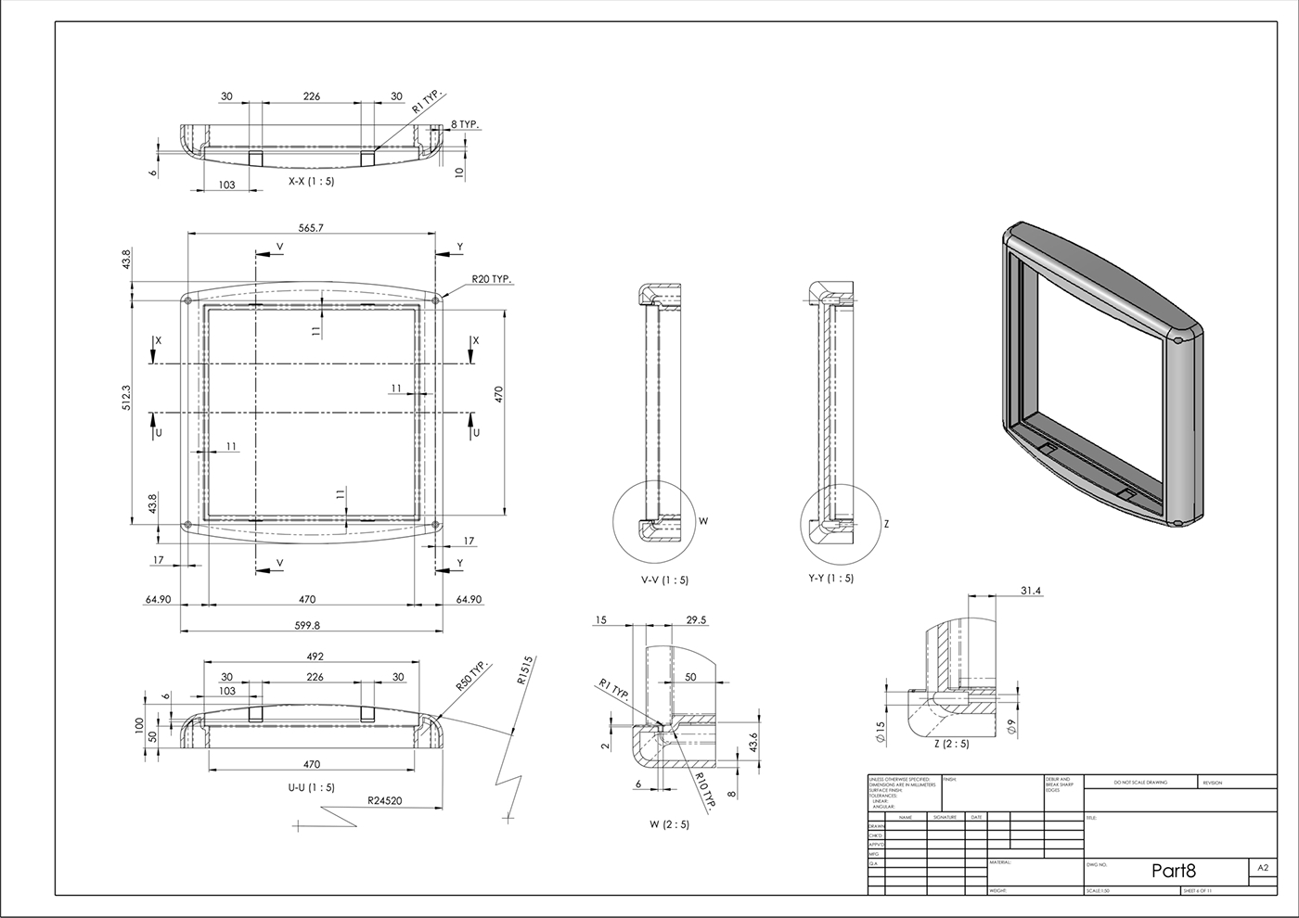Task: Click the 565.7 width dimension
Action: [x=311, y=227]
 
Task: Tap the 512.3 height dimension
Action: [x=127, y=397]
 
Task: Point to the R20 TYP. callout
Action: [x=492, y=278]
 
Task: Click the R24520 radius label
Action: [x=384, y=799]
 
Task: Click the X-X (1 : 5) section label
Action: [x=311, y=182]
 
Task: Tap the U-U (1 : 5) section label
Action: [x=311, y=787]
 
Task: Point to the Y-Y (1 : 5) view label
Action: [x=830, y=578]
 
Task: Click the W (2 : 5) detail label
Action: [x=669, y=823]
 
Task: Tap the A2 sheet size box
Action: [x=1262, y=868]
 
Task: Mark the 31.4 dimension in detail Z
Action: [x=1030, y=591]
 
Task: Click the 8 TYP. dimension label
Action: [x=466, y=123]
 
